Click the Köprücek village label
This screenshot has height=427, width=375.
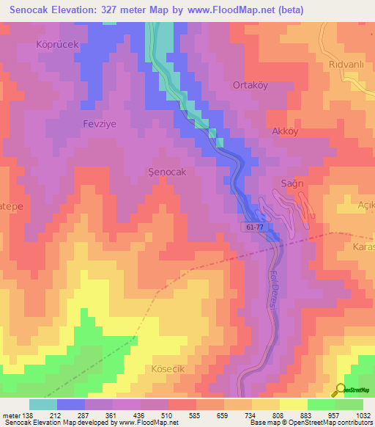point(57,44)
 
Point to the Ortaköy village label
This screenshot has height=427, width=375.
point(250,84)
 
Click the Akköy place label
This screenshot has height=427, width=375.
point(285,132)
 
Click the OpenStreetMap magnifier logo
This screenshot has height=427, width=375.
point(339,390)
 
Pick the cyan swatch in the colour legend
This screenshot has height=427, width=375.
point(43,404)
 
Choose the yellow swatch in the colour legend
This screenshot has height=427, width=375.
point(293,404)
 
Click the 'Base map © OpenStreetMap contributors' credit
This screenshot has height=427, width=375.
point(310,423)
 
